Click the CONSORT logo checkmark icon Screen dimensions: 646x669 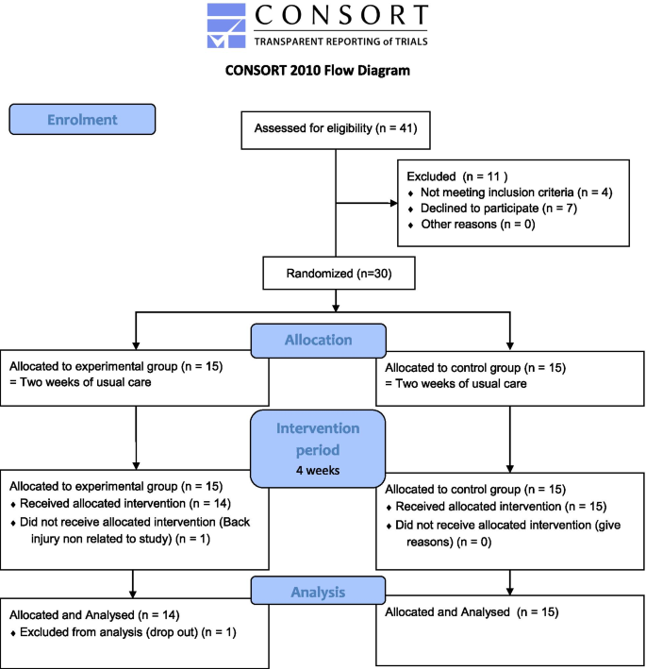click(226, 25)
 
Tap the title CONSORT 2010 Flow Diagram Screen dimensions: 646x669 click(318, 71)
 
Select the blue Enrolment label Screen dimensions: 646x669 click(82, 120)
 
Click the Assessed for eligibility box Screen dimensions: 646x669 click(336, 130)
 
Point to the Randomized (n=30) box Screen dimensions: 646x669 click(339, 273)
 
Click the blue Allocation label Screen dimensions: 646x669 click(319, 341)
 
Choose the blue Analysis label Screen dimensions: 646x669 click(318, 592)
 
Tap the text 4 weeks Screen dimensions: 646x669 click(318, 470)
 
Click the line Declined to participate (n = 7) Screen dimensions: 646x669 click(499, 209)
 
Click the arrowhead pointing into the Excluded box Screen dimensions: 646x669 click(394, 203)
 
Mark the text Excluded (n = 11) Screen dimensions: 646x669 click(457, 176)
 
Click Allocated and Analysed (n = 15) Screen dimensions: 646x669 click(472, 612)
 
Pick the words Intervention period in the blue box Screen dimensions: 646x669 click(318, 439)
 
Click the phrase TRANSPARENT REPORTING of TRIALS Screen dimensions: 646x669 click(340, 42)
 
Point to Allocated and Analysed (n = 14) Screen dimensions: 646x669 click(94, 615)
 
